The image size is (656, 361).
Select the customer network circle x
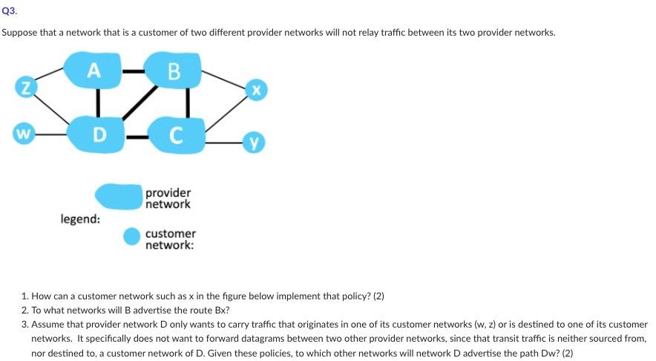click(x=255, y=89)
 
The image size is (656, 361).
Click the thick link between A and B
click(x=134, y=71)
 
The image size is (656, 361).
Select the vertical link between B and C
click(x=187, y=102)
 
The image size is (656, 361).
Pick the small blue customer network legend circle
click(x=131, y=237)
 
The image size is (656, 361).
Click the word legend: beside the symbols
click(x=81, y=220)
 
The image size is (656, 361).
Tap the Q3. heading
click(x=8, y=12)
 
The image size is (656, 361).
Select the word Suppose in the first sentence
click(x=19, y=33)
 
